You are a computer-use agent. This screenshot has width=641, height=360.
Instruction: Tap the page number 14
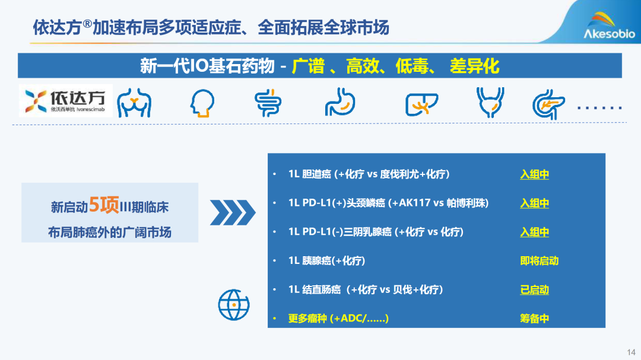pos(631,352)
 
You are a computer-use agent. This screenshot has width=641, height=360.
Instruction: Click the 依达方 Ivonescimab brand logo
pos(65,101)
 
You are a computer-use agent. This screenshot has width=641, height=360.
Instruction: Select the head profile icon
pos(202,103)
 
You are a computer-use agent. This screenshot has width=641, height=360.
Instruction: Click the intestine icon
pos(268,103)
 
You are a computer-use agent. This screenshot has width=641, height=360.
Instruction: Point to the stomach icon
pos(340,102)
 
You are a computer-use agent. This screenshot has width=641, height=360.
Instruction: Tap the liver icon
pos(421,104)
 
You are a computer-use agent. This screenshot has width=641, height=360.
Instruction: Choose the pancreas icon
pos(548,104)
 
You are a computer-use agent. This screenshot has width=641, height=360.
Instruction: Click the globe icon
pos(234,305)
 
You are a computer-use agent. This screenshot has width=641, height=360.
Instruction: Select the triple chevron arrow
pos(233,212)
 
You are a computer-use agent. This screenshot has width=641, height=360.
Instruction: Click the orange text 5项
pos(104,205)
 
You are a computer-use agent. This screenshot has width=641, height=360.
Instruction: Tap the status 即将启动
pos(539,261)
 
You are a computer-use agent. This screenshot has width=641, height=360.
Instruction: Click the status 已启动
pos(534,289)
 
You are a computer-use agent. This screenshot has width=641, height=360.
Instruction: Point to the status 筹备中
pos(534,318)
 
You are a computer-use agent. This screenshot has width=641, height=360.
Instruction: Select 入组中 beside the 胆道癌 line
pos(534,174)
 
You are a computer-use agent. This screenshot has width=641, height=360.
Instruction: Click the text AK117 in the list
pos(415,203)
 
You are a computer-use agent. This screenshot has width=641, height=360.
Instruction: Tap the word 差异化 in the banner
pos(475,66)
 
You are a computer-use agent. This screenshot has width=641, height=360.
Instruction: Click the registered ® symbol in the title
pos(87,24)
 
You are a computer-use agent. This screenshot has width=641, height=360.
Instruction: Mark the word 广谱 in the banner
pos(308,66)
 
